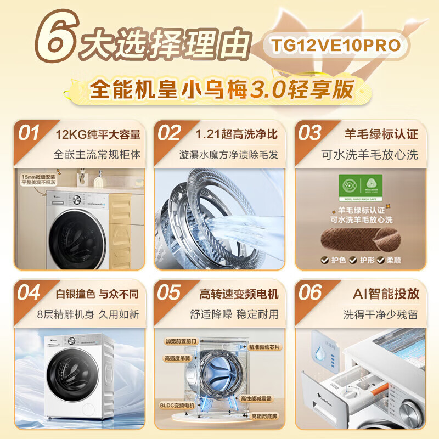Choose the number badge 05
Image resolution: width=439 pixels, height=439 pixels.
[x=169, y=293]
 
